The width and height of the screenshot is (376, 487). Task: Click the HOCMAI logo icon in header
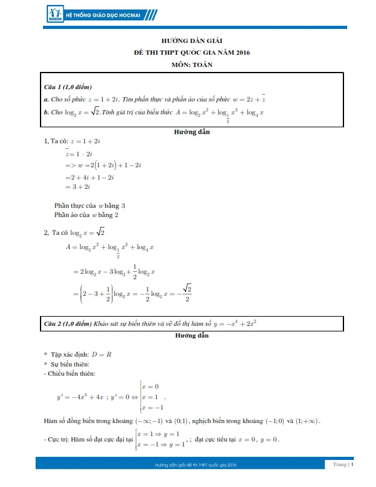(x=55, y=13)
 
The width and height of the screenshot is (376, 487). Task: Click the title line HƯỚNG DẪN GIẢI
(x=187, y=41)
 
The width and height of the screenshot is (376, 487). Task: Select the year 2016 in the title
(x=240, y=52)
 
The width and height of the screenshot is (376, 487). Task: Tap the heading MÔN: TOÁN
(x=187, y=65)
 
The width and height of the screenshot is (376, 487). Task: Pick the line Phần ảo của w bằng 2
(x=86, y=215)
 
